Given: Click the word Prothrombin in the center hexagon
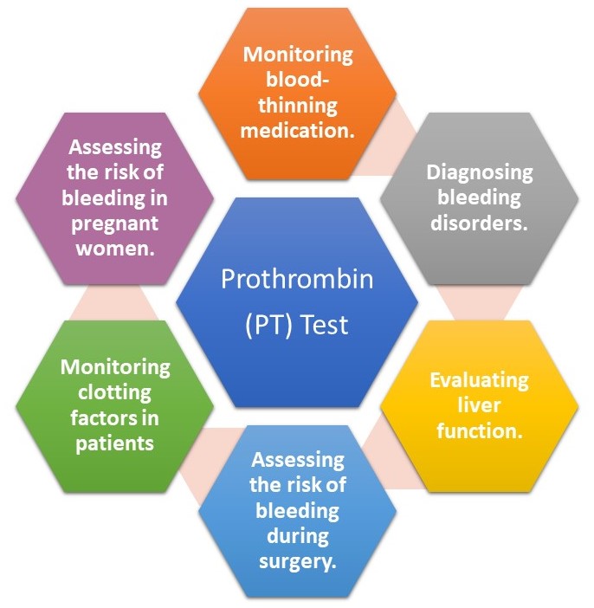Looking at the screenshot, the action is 297,279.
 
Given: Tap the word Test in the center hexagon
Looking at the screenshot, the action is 325,325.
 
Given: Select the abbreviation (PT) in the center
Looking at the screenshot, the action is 268,325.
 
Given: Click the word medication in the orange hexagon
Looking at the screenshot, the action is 294,130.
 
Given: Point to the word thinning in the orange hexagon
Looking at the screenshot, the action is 298,106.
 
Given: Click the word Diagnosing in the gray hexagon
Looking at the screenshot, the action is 480,172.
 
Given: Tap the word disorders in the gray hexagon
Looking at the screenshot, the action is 476,223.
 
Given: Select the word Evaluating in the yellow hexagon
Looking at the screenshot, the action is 479,380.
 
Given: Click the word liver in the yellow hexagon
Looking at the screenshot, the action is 479,405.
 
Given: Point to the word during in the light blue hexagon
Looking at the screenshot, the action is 298,536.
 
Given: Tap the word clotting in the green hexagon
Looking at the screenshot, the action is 115,393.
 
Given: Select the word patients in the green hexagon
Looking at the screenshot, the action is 115,443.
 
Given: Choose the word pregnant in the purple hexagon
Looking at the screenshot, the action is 115,223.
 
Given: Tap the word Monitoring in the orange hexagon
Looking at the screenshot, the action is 298,55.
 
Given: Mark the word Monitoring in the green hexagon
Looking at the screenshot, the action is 115,367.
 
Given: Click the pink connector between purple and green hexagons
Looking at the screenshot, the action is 114,303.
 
